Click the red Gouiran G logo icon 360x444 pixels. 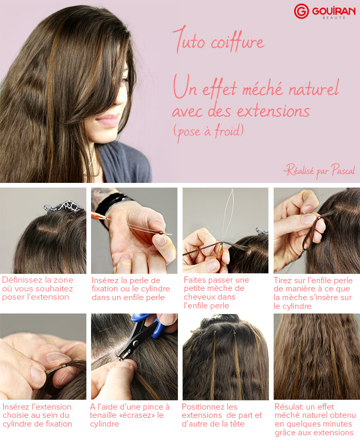301,11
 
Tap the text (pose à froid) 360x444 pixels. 208,132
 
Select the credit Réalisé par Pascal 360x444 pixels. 319,171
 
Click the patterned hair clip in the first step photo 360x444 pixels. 64,206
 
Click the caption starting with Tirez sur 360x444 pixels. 313,292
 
